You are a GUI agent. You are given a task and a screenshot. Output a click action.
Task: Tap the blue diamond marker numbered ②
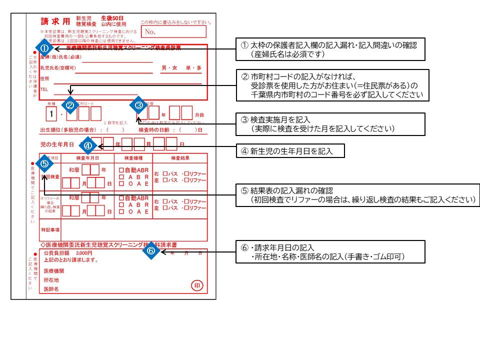[x=70, y=105]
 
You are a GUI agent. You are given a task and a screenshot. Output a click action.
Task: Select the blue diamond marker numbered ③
[x=139, y=105]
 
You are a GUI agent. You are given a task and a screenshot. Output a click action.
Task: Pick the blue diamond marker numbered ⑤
[x=44, y=163]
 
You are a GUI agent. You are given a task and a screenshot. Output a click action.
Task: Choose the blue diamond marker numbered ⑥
[x=152, y=251]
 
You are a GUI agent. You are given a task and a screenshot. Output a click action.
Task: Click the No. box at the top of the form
[x=173, y=31]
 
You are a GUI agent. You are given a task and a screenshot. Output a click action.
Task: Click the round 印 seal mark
[x=198, y=286]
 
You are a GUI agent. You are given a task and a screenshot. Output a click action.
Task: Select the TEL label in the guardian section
[x=45, y=86]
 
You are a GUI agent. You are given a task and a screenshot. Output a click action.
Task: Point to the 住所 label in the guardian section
[x=45, y=78]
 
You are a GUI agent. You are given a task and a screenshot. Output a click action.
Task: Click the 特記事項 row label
[x=50, y=229]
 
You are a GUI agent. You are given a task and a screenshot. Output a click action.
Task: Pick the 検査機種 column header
[x=133, y=158]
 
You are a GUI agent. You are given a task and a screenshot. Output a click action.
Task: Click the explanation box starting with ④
[x=290, y=151]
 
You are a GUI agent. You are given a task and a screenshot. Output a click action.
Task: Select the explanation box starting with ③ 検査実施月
[x=330, y=124]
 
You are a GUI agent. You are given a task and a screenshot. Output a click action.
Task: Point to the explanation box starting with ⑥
[x=330, y=252]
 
